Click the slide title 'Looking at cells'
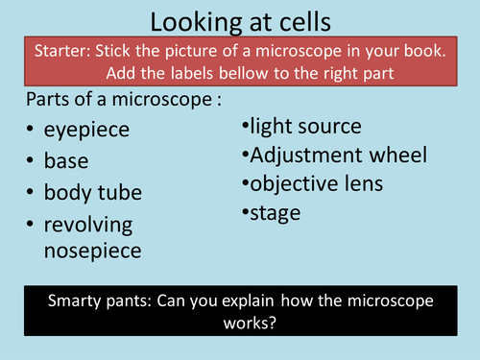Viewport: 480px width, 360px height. [239, 21]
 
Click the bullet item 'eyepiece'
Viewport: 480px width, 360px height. [92, 129]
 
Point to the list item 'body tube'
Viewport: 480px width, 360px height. [93, 192]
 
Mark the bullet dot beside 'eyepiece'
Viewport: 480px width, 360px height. [32, 130]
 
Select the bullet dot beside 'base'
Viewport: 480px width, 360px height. [32, 161]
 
